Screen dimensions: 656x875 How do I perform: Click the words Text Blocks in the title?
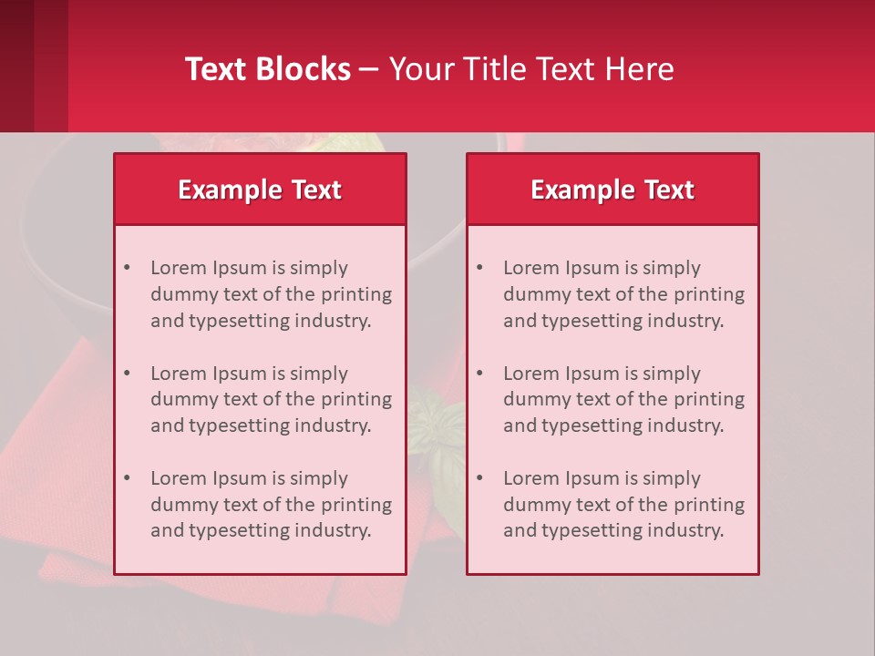[x=267, y=69]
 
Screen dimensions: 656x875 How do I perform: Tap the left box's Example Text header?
[x=260, y=190]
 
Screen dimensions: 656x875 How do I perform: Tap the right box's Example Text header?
[x=612, y=190]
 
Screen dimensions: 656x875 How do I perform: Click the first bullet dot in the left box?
[x=127, y=268]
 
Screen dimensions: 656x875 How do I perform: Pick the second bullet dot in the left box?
[x=127, y=374]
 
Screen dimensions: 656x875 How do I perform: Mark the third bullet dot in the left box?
[x=127, y=478]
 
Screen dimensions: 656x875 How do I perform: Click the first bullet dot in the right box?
[x=479, y=268]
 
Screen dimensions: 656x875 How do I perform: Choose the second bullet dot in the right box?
[x=479, y=374]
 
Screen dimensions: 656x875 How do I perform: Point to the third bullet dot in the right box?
[x=479, y=478]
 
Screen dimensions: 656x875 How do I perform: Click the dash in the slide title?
[x=369, y=69]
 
